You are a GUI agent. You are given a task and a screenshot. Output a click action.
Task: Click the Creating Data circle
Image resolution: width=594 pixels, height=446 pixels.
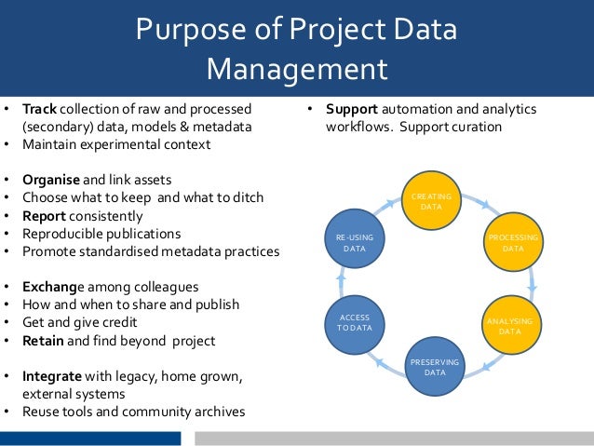pos(431,200)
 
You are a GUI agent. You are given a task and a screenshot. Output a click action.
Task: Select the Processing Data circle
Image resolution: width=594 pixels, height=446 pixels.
pos(512,244)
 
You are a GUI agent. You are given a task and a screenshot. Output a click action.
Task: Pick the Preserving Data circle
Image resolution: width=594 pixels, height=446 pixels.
pos(434,366)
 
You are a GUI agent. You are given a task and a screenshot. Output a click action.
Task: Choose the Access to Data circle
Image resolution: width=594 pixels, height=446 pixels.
pos(354,323)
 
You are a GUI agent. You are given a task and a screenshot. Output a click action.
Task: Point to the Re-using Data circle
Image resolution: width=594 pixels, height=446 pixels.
pos(354,243)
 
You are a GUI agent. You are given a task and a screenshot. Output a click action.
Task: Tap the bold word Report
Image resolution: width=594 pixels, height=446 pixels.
pos(44,215)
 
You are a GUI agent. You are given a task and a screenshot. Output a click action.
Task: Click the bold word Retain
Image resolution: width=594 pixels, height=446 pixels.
pos(43,340)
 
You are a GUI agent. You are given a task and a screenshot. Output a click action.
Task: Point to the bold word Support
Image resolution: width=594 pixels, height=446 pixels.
pos(351,109)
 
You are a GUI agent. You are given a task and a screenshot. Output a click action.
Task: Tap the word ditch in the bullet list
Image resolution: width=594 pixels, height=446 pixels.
pos(247,197)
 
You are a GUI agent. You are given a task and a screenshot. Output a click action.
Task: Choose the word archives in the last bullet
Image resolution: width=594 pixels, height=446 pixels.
pos(219,411)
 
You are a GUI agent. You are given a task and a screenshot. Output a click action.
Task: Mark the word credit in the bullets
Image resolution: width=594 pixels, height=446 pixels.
pos(117,322)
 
